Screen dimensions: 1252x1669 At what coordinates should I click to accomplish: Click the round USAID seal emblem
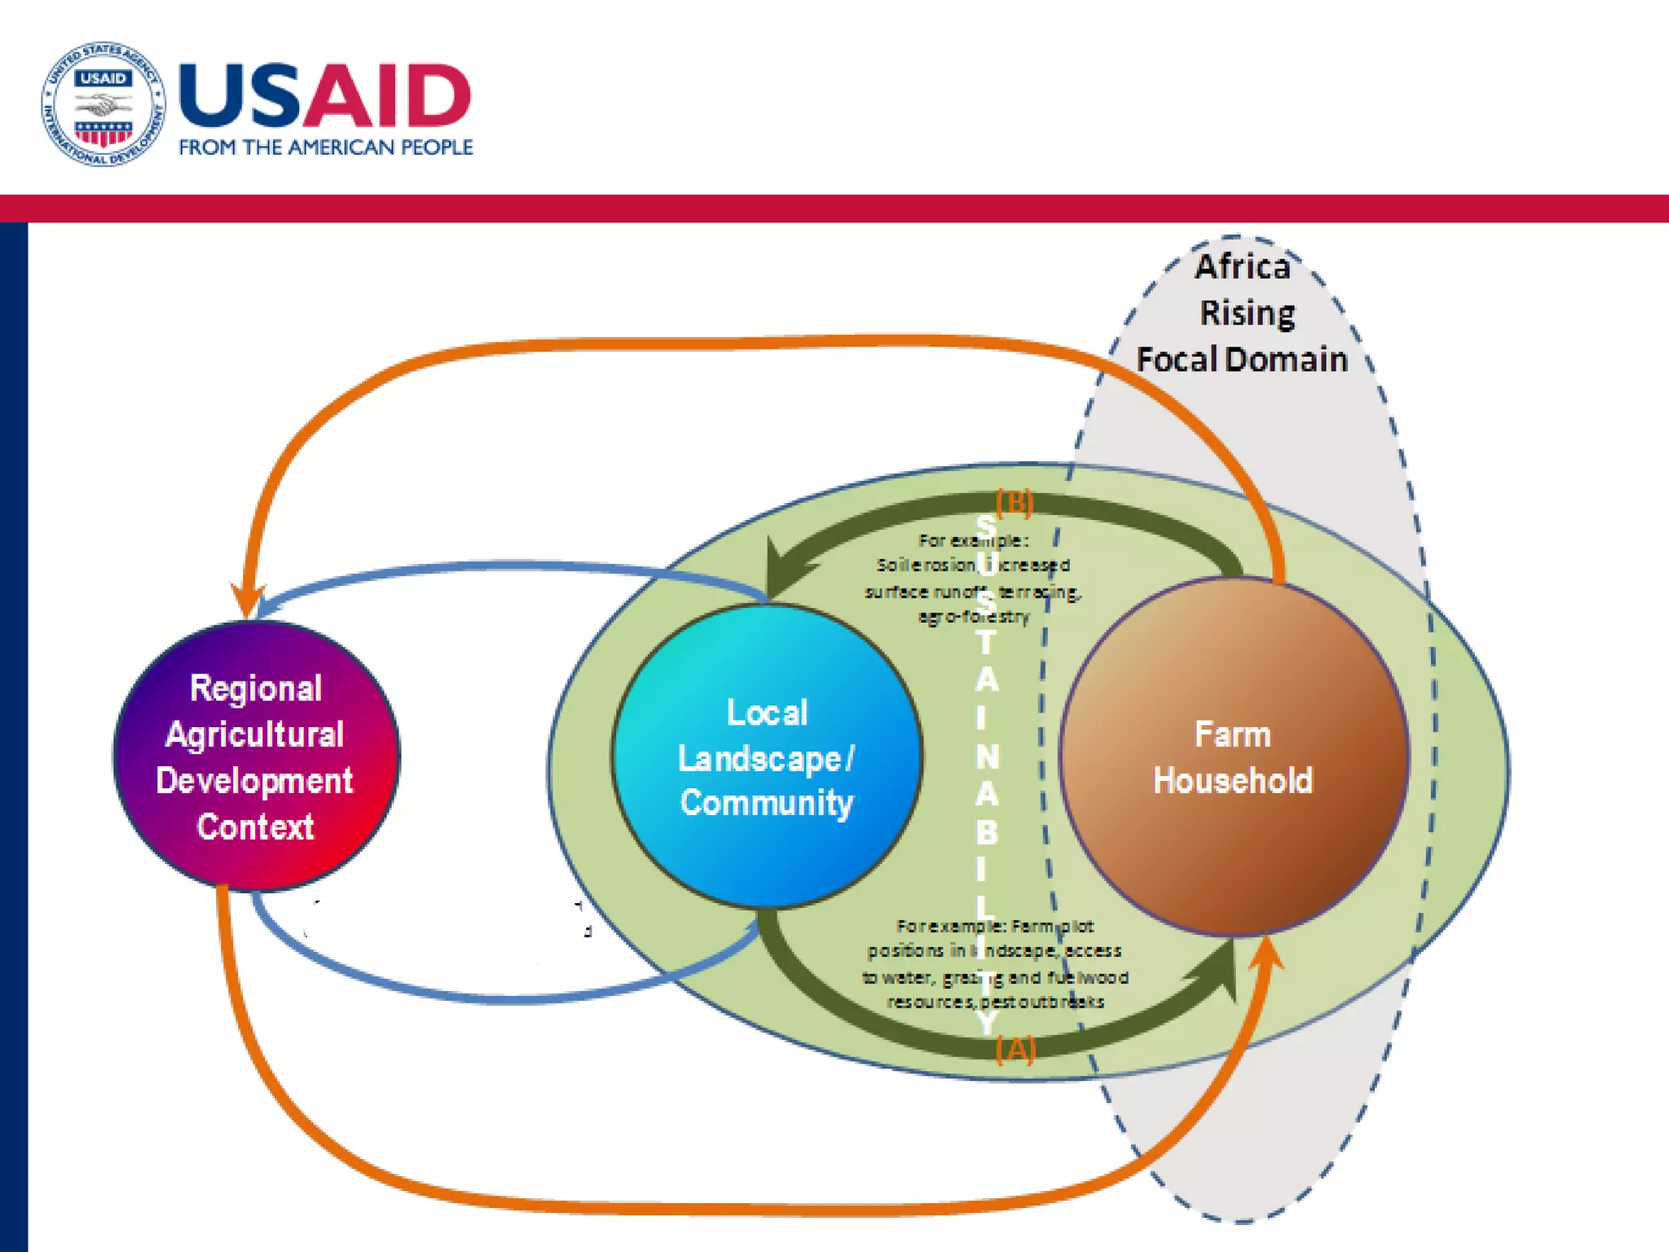[x=103, y=104]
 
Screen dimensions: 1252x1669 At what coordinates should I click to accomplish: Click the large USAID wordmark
[x=324, y=96]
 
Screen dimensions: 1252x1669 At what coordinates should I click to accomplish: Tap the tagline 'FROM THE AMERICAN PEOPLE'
[x=326, y=148]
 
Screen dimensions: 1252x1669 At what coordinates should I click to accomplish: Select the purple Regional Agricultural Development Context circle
[x=256, y=756]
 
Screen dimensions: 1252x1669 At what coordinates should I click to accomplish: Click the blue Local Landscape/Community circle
[x=767, y=756]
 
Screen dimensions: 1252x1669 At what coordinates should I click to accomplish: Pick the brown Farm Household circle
[x=1233, y=756]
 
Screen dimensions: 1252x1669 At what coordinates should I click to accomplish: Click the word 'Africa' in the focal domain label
[x=1243, y=267]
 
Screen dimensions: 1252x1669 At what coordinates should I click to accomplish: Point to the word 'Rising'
[x=1247, y=314]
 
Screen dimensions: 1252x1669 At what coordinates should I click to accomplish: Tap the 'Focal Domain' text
[x=1242, y=359]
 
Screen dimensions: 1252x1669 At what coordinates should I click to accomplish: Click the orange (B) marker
[x=1015, y=502]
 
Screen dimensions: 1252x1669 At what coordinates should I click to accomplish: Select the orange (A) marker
[x=1015, y=1049]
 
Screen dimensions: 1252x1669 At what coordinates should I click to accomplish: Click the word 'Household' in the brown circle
[x=1233, y=781]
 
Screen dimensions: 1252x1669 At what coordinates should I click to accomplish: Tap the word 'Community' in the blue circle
[x=767, y=803]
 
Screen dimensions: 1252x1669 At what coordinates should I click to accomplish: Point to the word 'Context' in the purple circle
[x=255, y=827]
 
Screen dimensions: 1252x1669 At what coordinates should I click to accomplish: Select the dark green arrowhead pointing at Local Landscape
[x=781, y=566]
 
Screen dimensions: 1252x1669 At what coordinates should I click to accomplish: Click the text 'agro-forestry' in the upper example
[x=974, y=617]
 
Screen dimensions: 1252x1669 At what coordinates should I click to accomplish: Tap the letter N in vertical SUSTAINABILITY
[x=987, y=757]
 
